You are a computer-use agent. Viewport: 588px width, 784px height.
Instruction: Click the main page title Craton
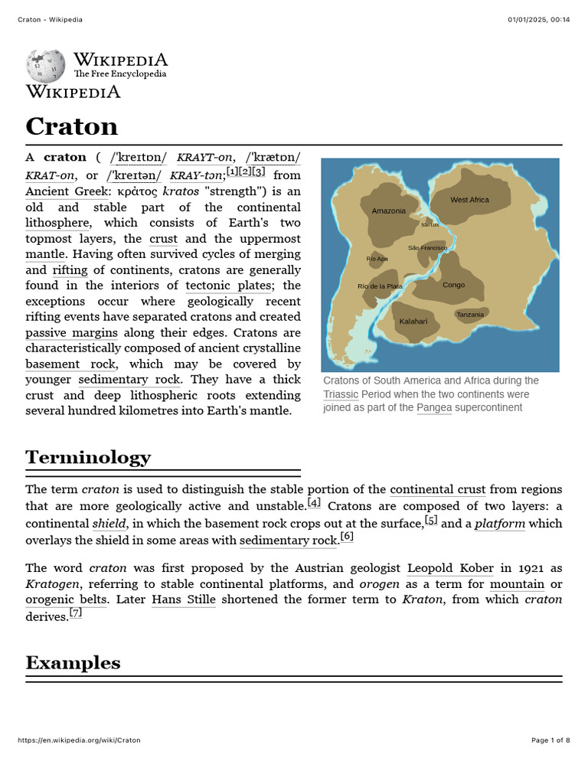(x=71, y=126)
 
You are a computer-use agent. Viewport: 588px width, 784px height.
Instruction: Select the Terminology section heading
(x=88, y=457)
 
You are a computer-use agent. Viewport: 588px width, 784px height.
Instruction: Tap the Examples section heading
(x=73, y=662)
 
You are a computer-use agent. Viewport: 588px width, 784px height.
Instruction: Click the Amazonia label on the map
(x=388, y=211)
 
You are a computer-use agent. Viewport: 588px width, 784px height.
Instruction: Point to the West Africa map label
(x=469, y=200)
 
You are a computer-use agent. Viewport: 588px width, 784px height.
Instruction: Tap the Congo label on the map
(x=453, y=285)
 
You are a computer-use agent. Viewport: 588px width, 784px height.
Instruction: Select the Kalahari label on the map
(x=413, y=322)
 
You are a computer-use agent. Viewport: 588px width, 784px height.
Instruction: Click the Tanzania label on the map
(x=470, y=315)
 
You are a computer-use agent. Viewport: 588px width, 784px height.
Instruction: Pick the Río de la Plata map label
(x=380, y=286)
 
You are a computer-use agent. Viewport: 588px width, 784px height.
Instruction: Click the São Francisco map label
(x=427, y=248)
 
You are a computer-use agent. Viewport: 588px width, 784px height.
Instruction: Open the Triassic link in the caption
(x=340, y=394)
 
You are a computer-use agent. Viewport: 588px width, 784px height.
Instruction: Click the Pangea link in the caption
(x=433, y=407)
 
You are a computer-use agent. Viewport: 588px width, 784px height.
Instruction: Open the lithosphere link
(x=58, y=223)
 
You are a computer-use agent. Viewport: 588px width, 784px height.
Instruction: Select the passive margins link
(x=71, y=332)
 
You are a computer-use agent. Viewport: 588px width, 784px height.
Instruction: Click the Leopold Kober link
(x=450, y=568)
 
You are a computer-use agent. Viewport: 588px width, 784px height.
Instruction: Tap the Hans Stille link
(x=183, y=599)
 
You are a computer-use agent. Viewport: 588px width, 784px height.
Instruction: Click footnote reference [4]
(x=314, y=504)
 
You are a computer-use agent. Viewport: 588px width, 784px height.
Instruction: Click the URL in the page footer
(x=79, y=740)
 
